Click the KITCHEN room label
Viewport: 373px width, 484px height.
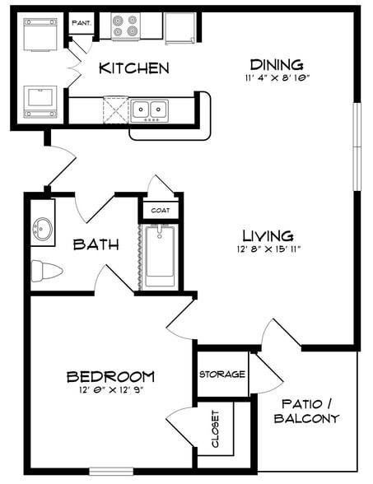(134, 67)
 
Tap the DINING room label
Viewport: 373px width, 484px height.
(277, 64)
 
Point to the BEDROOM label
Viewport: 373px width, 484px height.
(110, 377)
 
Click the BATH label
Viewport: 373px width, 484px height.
(96, 244)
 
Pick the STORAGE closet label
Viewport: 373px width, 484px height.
(222, 375)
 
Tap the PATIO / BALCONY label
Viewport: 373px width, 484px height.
(310, 412)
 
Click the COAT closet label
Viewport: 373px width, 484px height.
(161, 211)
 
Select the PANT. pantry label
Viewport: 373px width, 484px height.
(82, 23)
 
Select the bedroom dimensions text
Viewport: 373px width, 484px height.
(110, 392)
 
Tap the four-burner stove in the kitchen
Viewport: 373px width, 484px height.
(127, 26)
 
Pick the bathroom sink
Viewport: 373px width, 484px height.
(43, 227)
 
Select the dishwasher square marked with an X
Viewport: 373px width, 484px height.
(115, 109)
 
